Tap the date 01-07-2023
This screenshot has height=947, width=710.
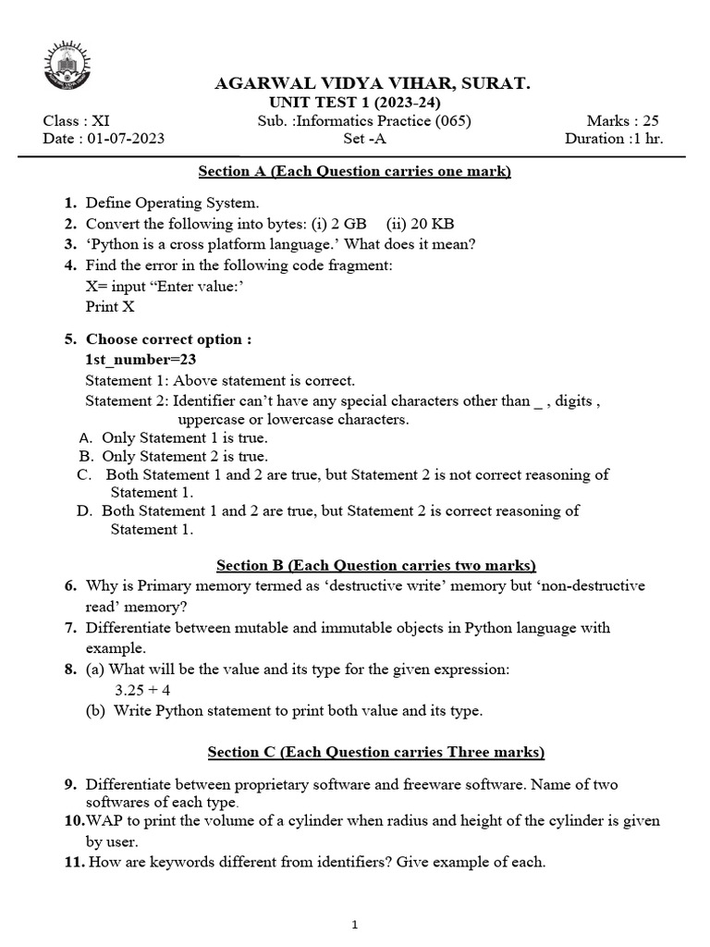coord(126,139)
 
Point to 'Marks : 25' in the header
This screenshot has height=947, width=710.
coord(622,121)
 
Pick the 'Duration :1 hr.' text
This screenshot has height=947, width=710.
coord(614,139)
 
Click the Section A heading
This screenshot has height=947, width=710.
coord(355,171)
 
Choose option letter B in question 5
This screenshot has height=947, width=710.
coord(85,456)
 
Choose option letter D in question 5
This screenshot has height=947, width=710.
coord(85,510)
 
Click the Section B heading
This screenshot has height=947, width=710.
coord(375,565)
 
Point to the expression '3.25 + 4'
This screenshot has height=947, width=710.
coord(142,690)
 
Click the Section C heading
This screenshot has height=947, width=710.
coord(375,752)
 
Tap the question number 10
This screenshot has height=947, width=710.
coord(74,821)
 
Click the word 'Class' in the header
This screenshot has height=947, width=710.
coord(61,121)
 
